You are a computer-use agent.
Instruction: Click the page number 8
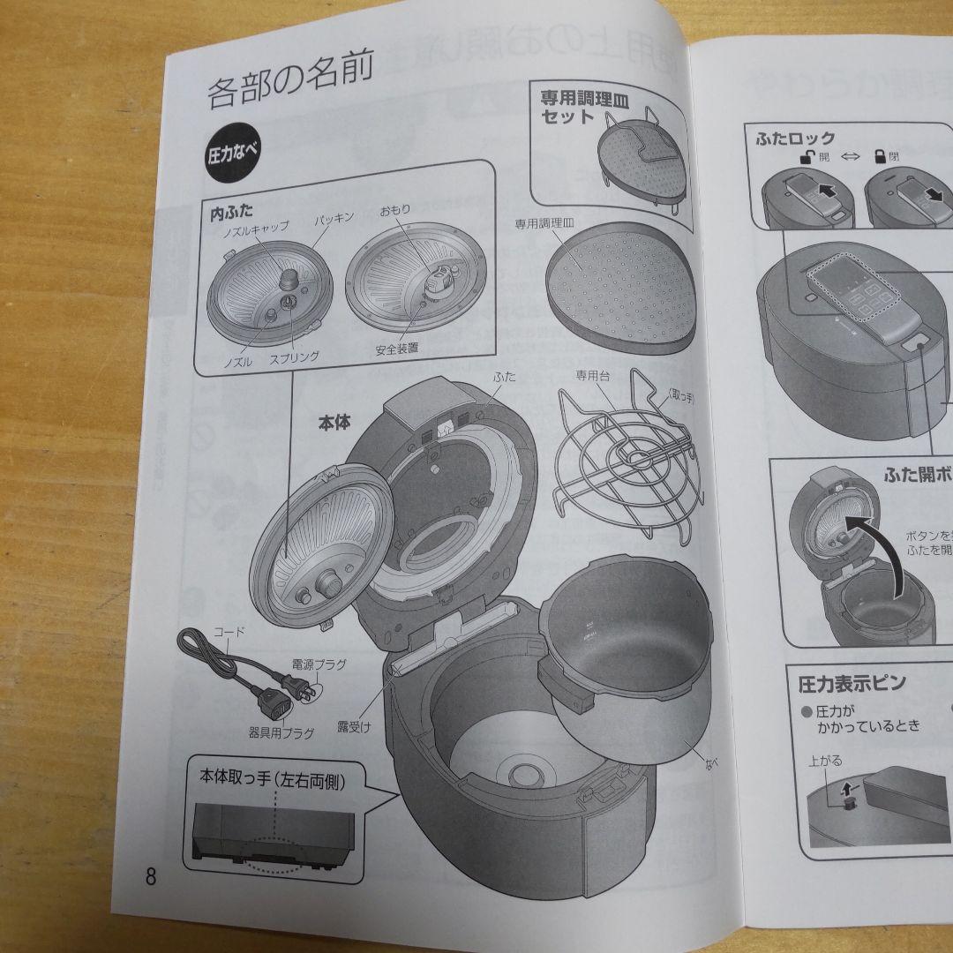coord(151,877)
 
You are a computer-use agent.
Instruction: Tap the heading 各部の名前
coord(290,90)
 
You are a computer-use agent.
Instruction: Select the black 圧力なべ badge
coord(233,154)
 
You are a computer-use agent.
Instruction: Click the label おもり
coord(394,213)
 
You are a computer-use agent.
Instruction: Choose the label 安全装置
coord(395,349)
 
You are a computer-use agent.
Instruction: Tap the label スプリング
coord(294,356)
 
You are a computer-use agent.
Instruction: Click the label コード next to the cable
coord(230,633)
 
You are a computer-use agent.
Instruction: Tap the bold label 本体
coord(334,423)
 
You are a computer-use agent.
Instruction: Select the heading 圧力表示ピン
coord(852,683)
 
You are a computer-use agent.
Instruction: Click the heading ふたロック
coord(795,139)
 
